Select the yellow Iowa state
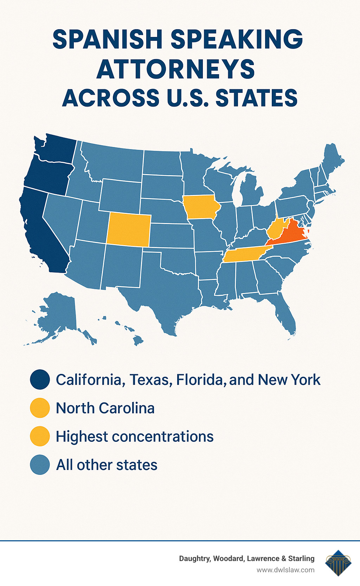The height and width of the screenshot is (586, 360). [x=200, y=207]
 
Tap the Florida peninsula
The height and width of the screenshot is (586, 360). [x=287, y=317]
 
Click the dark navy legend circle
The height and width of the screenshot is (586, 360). [x=40, y=380]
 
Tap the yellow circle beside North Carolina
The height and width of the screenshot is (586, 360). [x=40, y=408]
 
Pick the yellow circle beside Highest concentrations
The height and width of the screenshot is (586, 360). [x=40, y=436]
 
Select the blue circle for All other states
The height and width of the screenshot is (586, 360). [x=40, y=465]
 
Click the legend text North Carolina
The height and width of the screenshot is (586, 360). [x=105, y=408]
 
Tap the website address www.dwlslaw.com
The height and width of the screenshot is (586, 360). [x=285, y=570]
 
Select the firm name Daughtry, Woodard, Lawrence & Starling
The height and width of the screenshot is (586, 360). [x=247, y=559]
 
